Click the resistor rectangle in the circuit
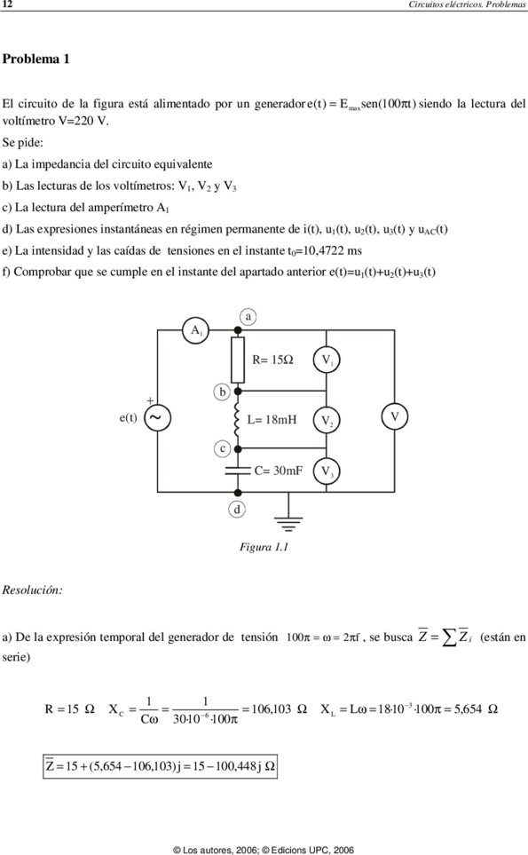point(238,360)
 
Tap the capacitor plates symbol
point(238,470)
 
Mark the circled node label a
point(248,317)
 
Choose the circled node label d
point(236,510)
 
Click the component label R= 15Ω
point(272,360)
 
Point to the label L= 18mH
point(272,420)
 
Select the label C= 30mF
point(279,471)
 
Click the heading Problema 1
point(36,59)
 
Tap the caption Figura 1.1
point(264,547)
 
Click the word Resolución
point(32,590)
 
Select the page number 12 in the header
point(7,4)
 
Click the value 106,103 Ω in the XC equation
point(279,709)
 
